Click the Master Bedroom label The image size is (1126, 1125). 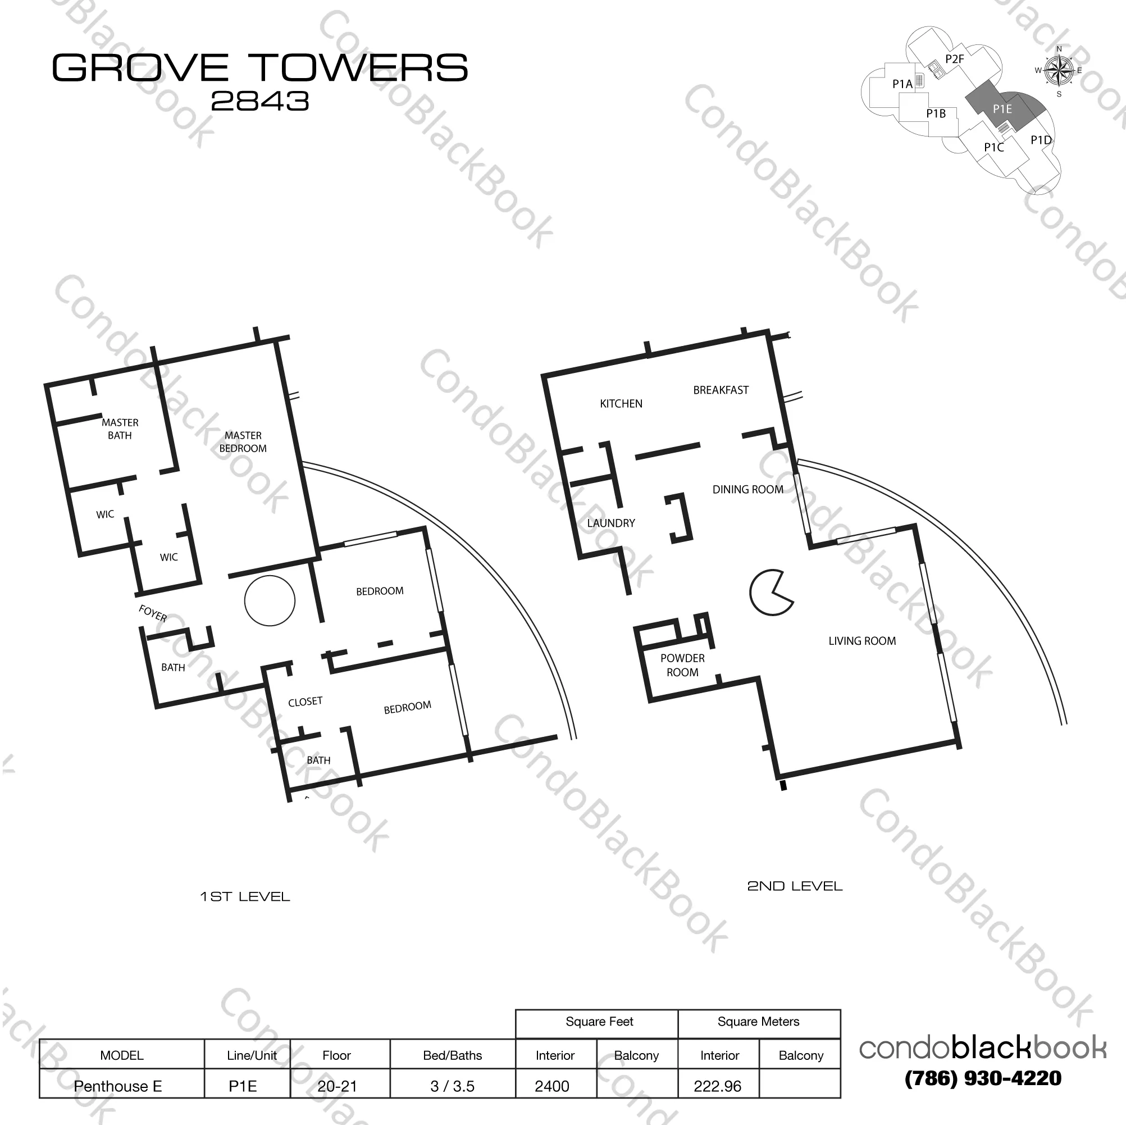[x=243, y=442]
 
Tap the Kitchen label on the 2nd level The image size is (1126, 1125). [x=621, y=403]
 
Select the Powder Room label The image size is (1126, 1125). [x=682, y=665]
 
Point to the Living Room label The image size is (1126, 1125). [x=862, y=641]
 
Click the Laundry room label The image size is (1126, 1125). [x=611, y=523]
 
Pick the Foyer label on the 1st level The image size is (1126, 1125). [x=153, y=613]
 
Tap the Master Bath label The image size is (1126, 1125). [x=120, y=429]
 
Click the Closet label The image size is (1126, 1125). [x=305, y=702]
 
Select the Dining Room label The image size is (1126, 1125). [x=747, y=490]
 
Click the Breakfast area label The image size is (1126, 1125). [x=721, y=390]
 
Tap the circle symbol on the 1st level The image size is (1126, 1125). [x=269, y=600]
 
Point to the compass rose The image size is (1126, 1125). [x=1059, y=71]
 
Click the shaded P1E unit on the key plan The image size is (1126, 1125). [x=1002, y=109]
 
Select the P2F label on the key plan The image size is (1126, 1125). [x=954, y=59]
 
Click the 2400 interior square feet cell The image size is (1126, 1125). [x=552, y=1086]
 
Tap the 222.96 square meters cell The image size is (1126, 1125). [x=718, y=1086]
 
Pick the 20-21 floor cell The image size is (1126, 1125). [x=337, y=1086]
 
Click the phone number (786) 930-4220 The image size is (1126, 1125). [x=983, y=1078]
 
